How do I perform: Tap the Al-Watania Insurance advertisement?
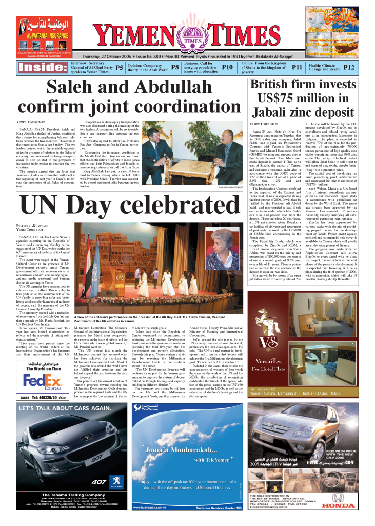(x=45, y=37)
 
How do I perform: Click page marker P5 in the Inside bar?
(x=119, y=67)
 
